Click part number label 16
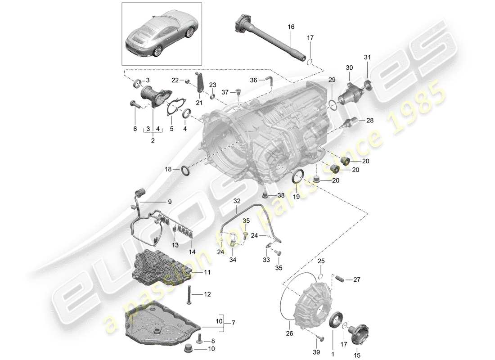click(291, 27)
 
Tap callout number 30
click(350, 67)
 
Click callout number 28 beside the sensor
click(370, 121)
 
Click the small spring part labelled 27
click(342, 279)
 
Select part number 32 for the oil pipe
click(237, 201)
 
